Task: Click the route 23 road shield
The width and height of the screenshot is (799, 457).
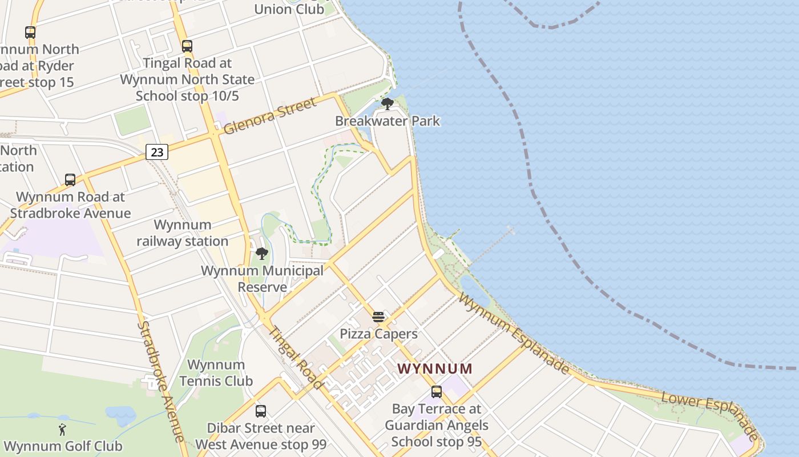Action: [156, 152]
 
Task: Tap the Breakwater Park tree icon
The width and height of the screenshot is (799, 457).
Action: [388, 104]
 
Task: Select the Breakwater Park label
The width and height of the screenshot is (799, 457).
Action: [388, 121]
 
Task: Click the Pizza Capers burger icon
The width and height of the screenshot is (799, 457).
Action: [378, 317]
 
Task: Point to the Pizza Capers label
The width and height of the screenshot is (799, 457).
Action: [378, 334]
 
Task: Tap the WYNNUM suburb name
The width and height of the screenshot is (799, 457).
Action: [435, 368]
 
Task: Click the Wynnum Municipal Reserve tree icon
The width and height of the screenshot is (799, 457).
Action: [262, 253]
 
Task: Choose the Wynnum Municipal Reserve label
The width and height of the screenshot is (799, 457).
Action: [262, 279]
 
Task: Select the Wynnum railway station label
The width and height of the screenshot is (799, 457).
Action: [183, 233]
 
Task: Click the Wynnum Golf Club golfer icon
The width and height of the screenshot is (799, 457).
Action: [62, 430]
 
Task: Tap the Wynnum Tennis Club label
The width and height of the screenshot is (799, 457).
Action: [216, 372]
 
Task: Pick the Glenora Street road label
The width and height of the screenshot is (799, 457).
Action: [269, 117]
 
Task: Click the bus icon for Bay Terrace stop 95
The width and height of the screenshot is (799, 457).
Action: [437, 392]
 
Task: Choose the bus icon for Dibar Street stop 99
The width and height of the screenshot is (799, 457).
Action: [261, 411]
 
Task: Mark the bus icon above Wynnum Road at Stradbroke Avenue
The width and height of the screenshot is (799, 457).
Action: [70, 180]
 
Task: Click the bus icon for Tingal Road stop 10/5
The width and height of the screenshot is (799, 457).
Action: [187, 46]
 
